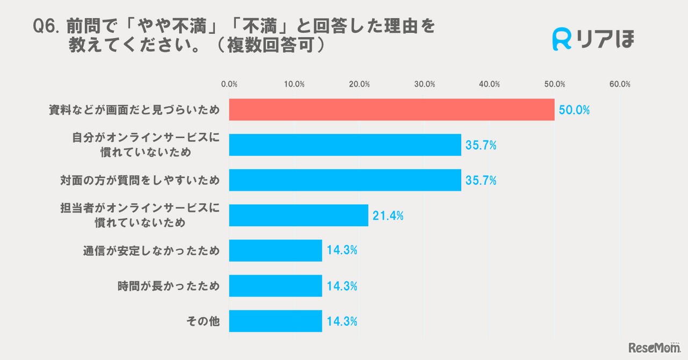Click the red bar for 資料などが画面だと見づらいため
tap(391, 110)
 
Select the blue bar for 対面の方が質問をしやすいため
tap(345, 180)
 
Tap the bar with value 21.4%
tap(298, 215)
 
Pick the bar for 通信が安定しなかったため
tap(275, 250)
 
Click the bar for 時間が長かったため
tap(275, 286)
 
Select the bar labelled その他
tap(275, 321)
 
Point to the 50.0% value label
tap(574, 111)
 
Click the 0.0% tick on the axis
tap(230, 84)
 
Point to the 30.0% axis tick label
tap(425, 84)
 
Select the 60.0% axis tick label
tap(620, 84)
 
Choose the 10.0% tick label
tap(295, 84)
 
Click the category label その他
tap(203, 322)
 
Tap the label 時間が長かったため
tap(168, 286)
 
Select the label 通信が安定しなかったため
tap(151, 251)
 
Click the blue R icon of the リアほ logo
tap(562, 39)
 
